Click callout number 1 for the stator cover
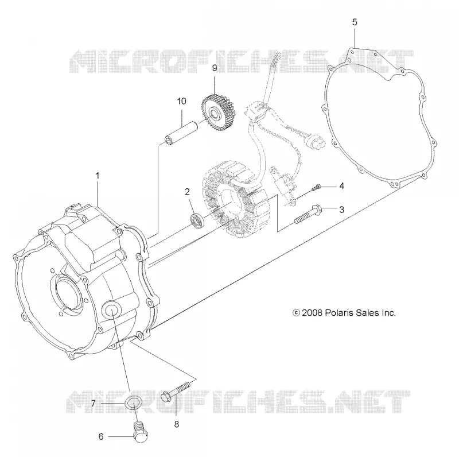[x=98, y=176]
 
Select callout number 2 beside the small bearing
[x=187, y=192]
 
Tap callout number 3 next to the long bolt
[x=341, y=210]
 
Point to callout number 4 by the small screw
[x=341, y=186]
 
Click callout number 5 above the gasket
[x=355, y=22]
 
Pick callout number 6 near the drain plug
[x=101, y=436]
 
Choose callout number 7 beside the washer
[x=93, y=404]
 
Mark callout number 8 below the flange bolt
[x=177, y=424]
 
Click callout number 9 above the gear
[x=215, y=68]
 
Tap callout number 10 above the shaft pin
[x=181, y=101]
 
